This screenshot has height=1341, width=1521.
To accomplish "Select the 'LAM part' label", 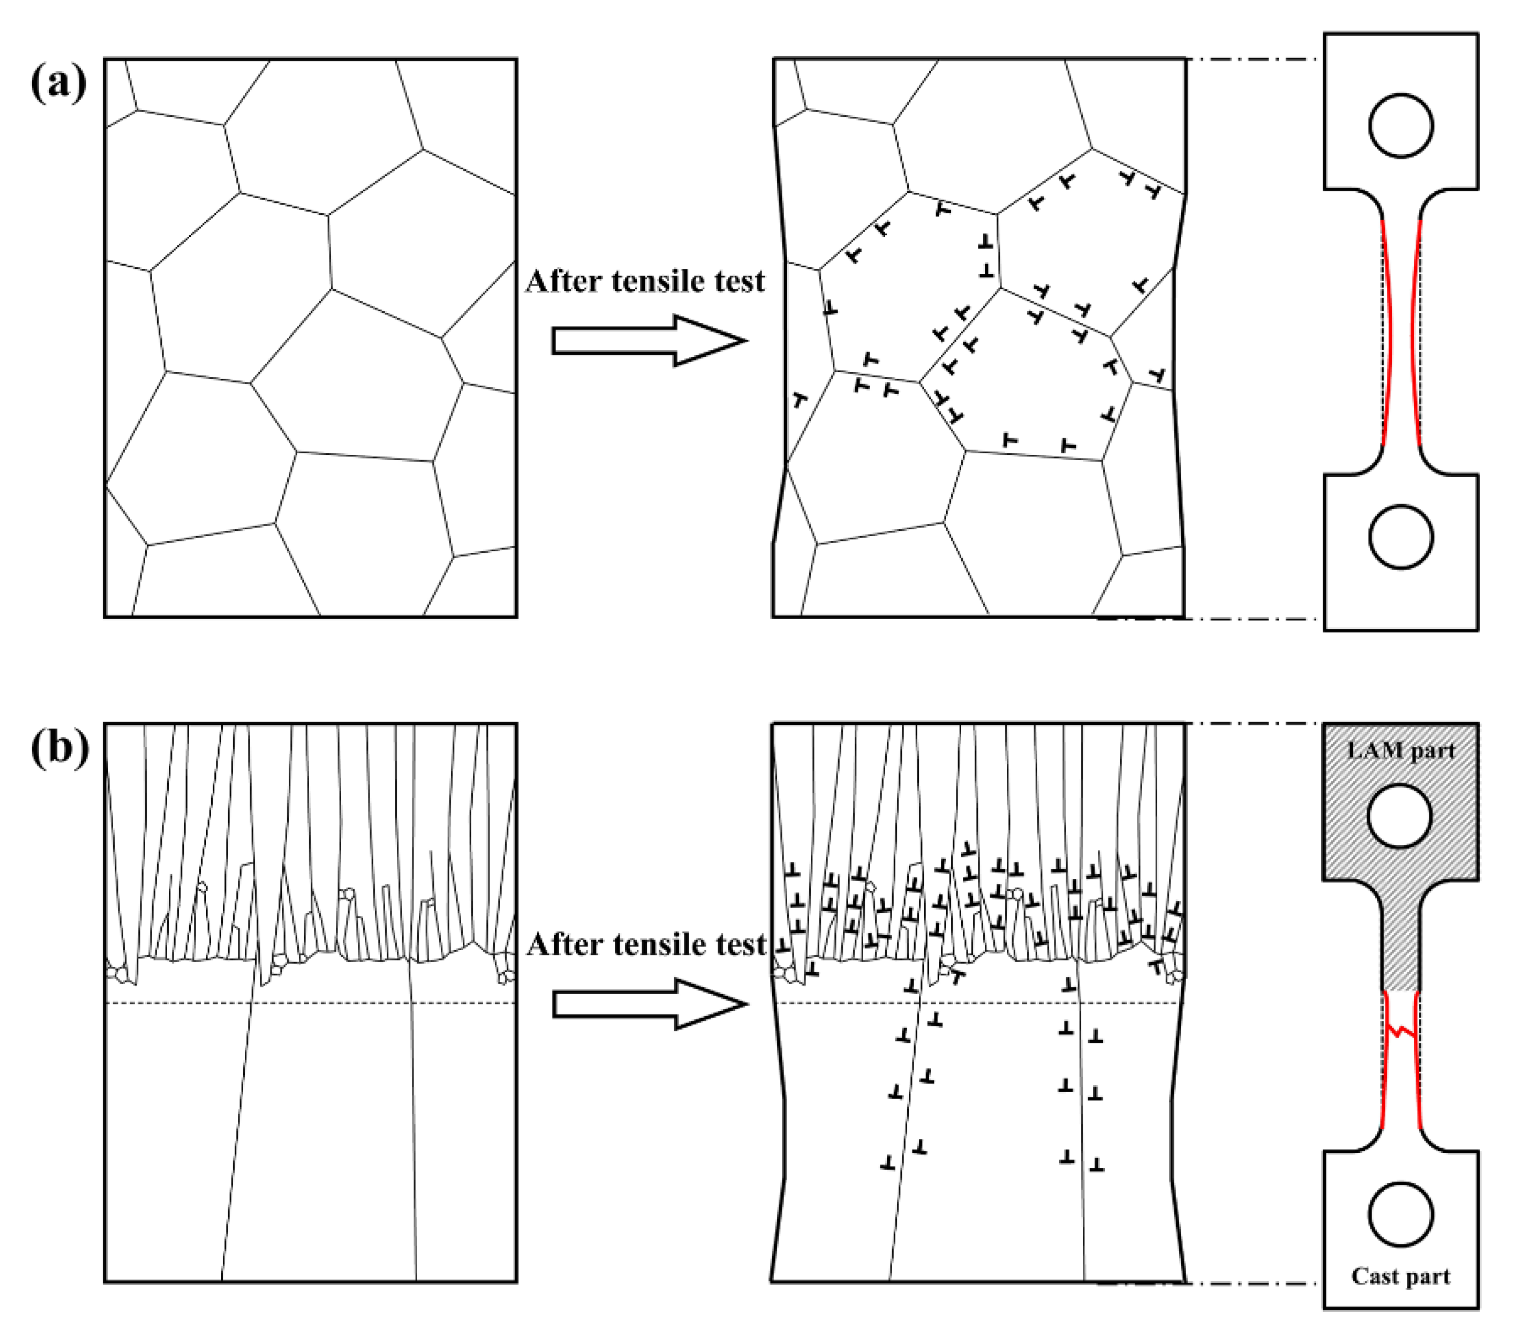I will click(1401, 750).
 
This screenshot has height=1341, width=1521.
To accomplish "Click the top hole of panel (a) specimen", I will click(1400, 125).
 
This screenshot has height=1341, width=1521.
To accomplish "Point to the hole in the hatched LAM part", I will click(1400, 815).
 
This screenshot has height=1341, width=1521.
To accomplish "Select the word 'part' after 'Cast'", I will click(1427, 1278).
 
